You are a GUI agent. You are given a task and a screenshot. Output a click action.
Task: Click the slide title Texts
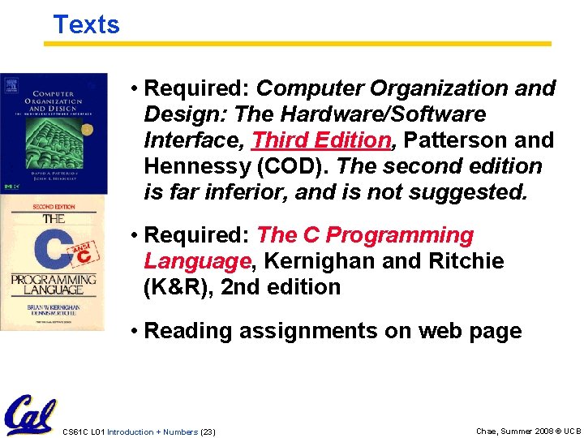pos(86,24)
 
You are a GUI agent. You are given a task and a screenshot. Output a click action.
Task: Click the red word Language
pos(197,261)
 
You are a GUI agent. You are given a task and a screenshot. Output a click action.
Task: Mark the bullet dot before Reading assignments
pos(134,332)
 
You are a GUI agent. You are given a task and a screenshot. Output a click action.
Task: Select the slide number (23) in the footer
pos(208,432)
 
